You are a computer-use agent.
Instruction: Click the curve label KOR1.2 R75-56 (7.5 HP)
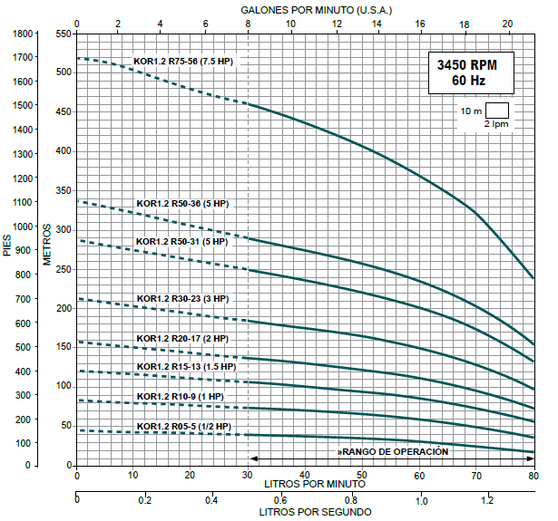tap(183, 62)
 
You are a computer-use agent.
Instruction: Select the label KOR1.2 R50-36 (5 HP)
tap(182, 203)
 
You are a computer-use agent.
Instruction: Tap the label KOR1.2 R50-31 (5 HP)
tap(182, 242)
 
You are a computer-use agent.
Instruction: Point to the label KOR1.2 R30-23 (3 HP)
tap(183, 299)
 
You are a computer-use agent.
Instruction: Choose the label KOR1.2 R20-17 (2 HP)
tap(183, 338)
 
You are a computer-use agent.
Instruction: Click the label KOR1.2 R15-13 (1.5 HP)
tap(186, 367)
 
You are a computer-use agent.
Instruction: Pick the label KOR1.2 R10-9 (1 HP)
tap(181, 397)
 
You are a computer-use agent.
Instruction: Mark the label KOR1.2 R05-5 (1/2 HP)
tap(184, 426)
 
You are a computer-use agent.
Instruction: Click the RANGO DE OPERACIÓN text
tap(393, 450)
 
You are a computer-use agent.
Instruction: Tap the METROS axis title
tap(47, 242)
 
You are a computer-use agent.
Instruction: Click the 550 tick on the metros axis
tap(63, 34)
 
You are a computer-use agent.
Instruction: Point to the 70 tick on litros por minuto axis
tap(475, 475)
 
